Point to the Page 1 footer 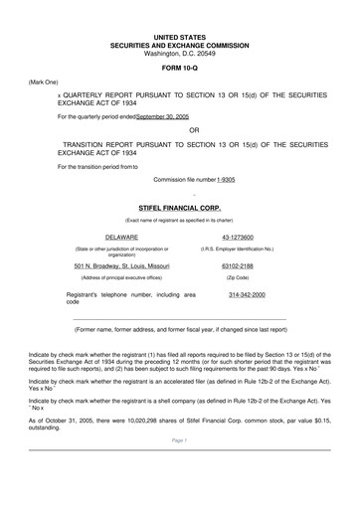pos(180,466)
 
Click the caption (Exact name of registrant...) pos(179,219)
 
